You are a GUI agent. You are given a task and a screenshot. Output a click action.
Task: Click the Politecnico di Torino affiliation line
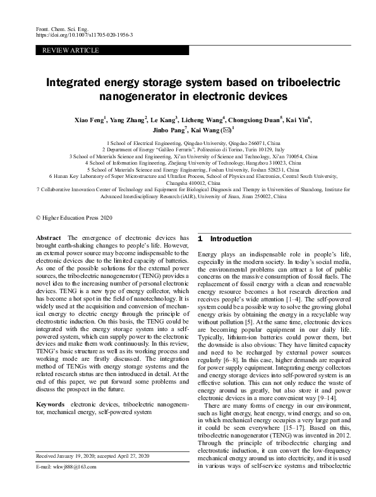click(x=188, y=149)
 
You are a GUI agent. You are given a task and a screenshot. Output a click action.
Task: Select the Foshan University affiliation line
click(x=188, y=170)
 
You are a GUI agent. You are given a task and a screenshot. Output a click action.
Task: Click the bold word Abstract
click(x=49, y=237)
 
